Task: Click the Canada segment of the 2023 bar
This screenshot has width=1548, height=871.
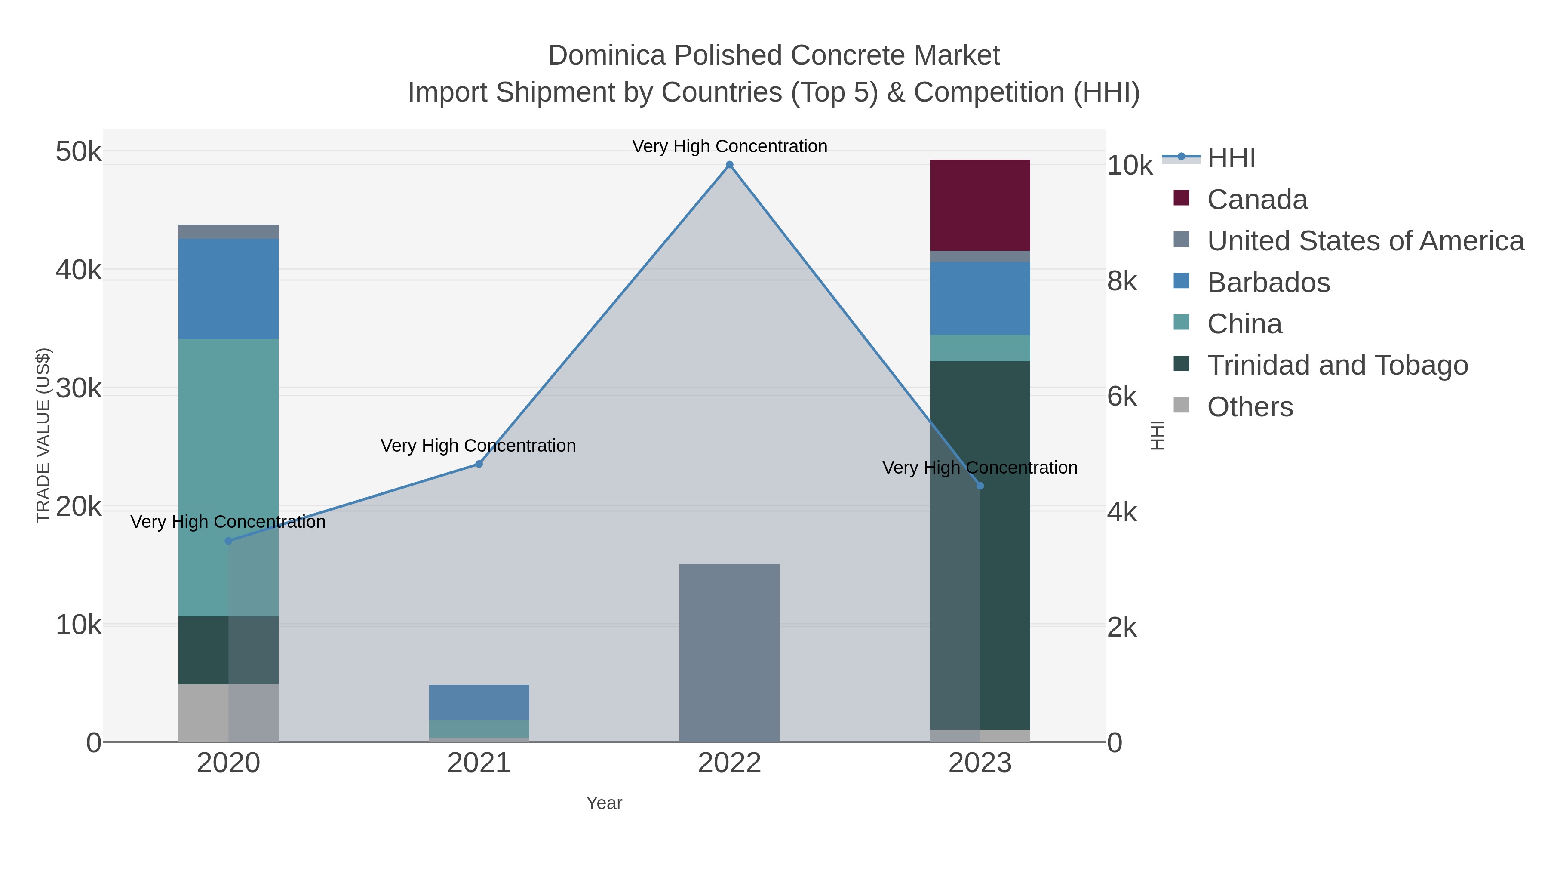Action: point(980,205)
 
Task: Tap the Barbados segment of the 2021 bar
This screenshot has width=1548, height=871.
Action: point(479,702)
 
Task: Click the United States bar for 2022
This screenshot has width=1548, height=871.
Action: point(729,652)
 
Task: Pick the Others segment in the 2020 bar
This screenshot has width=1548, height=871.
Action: point(228,712)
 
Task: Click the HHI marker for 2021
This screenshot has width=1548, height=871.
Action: point(479,464)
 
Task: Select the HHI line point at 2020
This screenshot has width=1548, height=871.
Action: point(228,541)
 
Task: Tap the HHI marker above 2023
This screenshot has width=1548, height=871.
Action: point(980,486)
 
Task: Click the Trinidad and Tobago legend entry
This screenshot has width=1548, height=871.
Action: point(1337,366)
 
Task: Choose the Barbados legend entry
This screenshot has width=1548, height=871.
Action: point(1268,283)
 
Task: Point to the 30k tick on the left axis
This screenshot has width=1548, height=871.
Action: point(79,389)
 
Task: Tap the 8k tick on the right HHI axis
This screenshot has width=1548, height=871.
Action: point(1122,281)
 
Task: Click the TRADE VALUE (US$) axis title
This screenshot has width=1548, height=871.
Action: point(43,435)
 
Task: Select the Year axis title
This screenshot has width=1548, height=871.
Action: point(604,803)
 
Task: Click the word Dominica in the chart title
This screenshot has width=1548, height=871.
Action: point(606,55)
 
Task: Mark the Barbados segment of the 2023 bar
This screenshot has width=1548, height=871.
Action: point(980,298)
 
